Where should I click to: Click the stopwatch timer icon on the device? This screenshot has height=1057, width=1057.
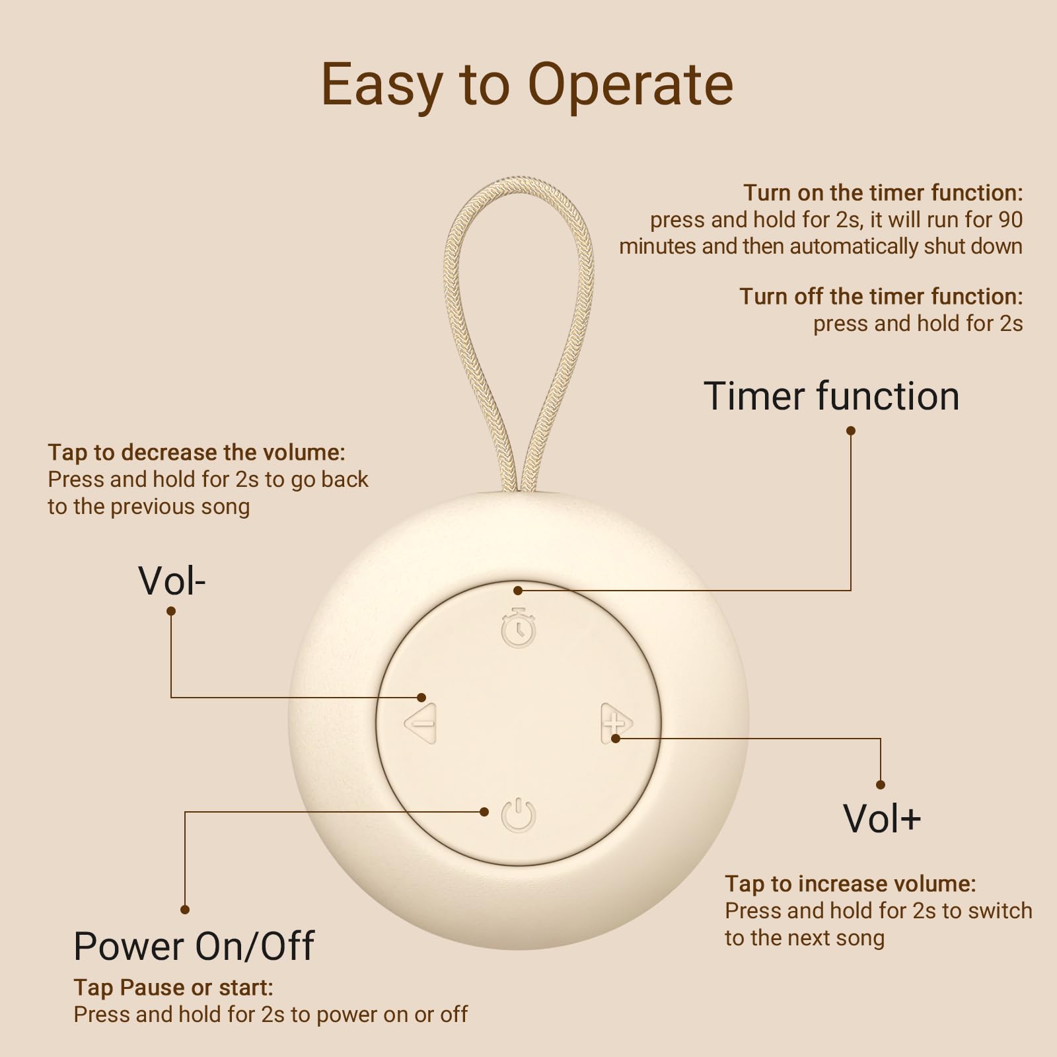click(519, 628)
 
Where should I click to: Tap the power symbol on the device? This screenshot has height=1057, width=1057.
click(519, 815)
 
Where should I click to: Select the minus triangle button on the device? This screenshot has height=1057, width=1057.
click(421, 724)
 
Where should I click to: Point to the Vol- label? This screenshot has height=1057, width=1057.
click(172, 581)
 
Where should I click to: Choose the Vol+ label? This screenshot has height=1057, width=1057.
click(882, 819)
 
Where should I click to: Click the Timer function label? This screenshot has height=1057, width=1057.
click(831, 396)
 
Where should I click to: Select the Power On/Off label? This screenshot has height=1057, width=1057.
click(194, 946)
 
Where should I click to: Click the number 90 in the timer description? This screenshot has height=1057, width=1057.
click(1009, 219)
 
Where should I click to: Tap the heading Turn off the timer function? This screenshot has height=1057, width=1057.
click(881, 297)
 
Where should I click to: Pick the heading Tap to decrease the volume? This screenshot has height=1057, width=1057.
click(196, 453)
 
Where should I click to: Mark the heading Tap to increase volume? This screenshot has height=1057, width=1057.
click(850, 884)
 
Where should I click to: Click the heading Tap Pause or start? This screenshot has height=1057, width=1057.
click(173, 988)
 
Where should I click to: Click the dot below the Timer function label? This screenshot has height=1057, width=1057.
click(851, 431)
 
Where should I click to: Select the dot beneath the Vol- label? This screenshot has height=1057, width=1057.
click(171, 611)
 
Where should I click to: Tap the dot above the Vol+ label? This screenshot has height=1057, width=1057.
click(880, 785)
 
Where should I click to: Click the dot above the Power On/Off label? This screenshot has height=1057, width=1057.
click(185, 910)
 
